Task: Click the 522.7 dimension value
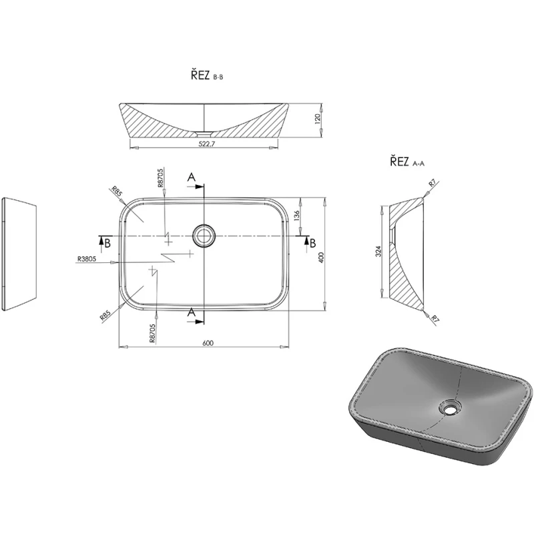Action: point(208,144)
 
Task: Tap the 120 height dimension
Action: point(318,119)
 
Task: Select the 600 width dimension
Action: point(208,343)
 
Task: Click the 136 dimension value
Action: point(296,216)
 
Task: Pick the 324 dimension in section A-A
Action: point(378,251)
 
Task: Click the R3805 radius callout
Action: point(87,259)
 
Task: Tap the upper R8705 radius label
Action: point(161,178)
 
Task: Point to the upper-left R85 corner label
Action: point(116,191)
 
